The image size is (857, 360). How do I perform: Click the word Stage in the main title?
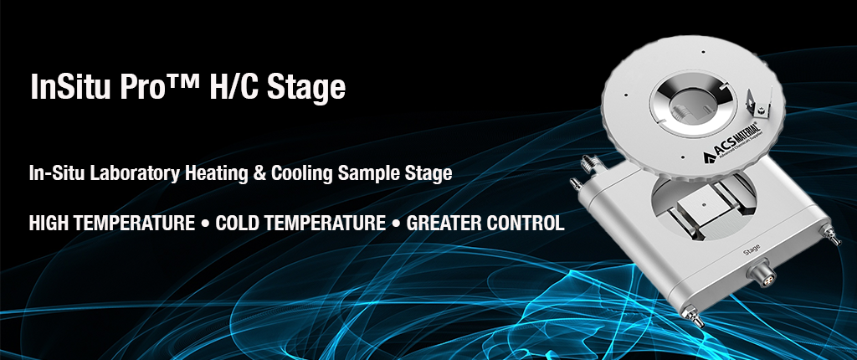tap(306, 87)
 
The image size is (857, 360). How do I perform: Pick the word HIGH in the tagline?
tap(49, 224)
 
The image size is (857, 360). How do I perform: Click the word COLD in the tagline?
tap(238, 224)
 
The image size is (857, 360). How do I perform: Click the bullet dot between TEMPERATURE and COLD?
tap(204, 224)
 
